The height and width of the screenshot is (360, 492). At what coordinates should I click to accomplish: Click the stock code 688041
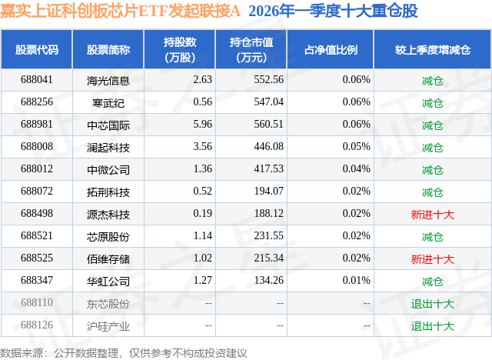[37, 80]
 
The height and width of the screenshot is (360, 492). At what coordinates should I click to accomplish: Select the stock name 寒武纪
[108, 102]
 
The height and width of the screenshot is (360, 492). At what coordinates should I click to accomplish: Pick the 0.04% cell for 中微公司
[356, 169]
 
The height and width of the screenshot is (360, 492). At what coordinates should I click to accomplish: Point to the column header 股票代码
[37, 49]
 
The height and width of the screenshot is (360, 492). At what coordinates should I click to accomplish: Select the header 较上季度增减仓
[432, 49]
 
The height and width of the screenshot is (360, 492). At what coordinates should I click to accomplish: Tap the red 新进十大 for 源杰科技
[432, 214]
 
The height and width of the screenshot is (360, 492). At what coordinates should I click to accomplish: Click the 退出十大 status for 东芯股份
[432, 303]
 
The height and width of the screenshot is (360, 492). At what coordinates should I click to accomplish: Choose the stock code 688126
[37, 325]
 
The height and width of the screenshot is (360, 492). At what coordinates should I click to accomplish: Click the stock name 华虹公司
[108, 281]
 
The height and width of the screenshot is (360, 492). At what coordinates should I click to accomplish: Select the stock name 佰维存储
[108, 258]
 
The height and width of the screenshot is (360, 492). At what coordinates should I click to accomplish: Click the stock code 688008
[37, 147]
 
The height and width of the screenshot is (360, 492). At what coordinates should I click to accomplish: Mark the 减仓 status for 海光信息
[432, 80]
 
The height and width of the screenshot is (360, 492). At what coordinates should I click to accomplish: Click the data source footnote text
[124, 352]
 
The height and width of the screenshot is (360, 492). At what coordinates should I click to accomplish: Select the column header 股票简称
[108, 49]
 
